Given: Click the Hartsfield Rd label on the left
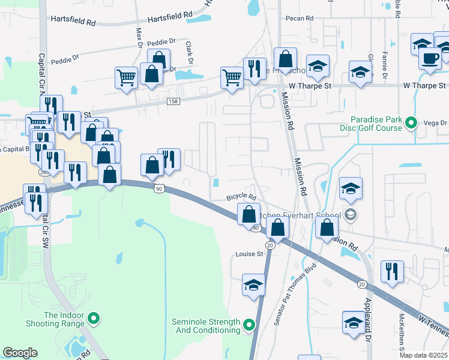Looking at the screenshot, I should [73, 22].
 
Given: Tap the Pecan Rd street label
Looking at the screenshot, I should [301, 19].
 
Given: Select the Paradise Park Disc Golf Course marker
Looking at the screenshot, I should [411, 124].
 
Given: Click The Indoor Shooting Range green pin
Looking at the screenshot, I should [94, 318].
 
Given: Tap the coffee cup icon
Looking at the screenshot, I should [429, 59].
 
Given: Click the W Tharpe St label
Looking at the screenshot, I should [425, 86].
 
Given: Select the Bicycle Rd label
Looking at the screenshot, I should [241, 197].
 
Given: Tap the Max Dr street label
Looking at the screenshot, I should [139, 37].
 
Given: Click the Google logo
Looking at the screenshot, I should [20, 352].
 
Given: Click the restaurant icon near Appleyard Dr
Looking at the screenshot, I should [391, 271].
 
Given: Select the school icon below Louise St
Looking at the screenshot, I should [253, 284].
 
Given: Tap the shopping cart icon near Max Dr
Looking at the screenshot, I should [126, 77].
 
